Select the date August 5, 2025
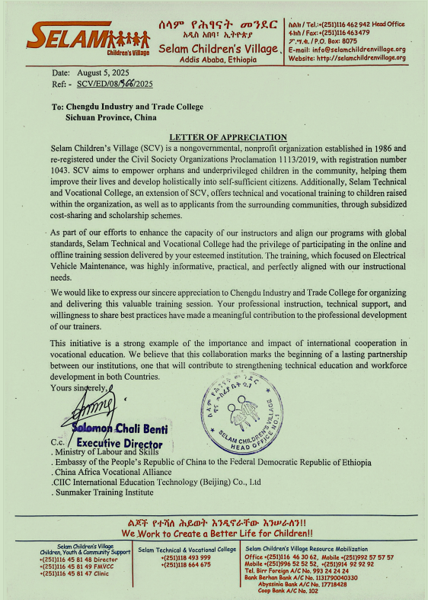point(104,72)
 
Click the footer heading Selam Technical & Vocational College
point(187,549)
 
